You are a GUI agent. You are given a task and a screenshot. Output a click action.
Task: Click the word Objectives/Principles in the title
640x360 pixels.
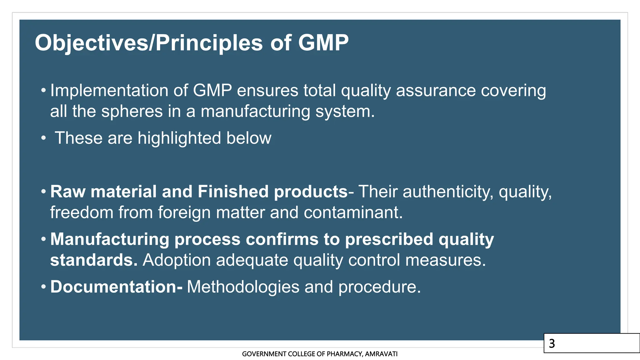(x=149, y=43)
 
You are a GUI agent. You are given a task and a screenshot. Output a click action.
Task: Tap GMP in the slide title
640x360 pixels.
(x=323, y=43)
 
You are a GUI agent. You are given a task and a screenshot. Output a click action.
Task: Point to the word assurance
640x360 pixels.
(x=436, y=91)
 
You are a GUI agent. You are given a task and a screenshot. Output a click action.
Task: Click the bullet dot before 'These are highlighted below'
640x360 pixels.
(x=43, y=138)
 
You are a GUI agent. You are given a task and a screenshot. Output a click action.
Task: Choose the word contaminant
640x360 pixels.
(x=353, y=212)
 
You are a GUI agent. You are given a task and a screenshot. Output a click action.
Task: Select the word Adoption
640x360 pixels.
(x=177, y=260)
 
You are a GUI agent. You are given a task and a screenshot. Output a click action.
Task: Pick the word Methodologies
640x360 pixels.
(x=243, y=287)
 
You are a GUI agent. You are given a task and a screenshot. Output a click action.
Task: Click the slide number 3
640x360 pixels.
(x=552, y=343)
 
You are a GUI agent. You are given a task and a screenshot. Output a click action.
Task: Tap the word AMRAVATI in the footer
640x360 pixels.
(x=381, y=354)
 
